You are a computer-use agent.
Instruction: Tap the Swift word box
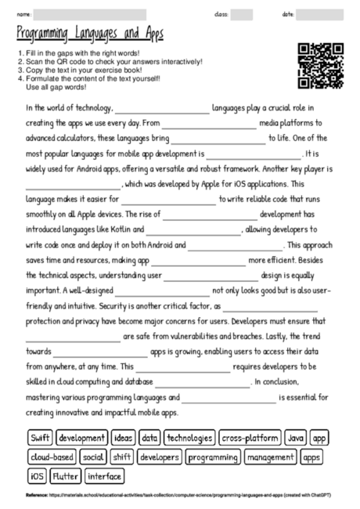(x=40, y=438)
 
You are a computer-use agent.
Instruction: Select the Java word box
(x=295, y=438)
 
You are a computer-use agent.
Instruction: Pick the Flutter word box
(x=66, y=475)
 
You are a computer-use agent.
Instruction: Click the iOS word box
(x=37, y=475)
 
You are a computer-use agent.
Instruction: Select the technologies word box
(x=189, y=438)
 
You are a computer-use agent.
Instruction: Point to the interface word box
(x=104, y=475)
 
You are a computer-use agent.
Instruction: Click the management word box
(x=270, y=457)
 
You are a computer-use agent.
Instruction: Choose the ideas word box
(x=123, y=438)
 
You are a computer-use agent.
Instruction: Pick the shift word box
(x=122, y=457)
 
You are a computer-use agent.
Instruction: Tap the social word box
(x=93, y=457)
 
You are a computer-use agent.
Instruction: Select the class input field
(x=242, y=14)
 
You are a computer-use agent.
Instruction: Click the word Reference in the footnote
(x=37, y=496)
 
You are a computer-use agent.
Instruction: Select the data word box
(x=150, y=438)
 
